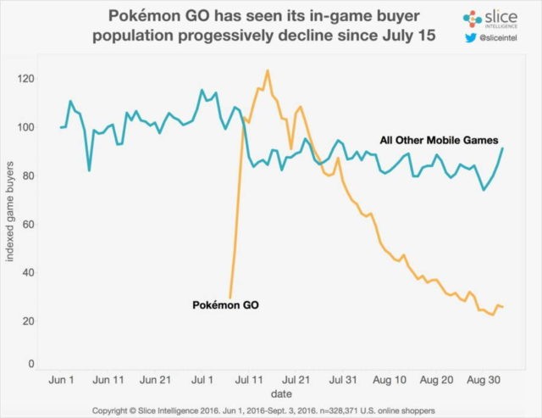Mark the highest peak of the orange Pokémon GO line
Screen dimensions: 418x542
[x=268, y=70]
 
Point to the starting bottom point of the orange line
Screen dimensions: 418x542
[x=230, y=298]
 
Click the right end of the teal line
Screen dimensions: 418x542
[x=503, y=148]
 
